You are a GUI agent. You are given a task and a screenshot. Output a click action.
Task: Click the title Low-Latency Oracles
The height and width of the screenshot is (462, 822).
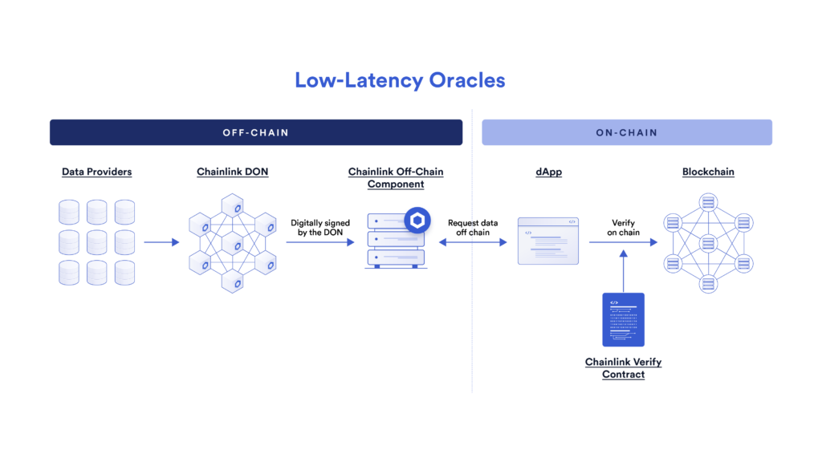coord(400,80)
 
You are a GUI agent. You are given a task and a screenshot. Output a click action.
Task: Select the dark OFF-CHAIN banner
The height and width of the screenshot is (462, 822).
coord(255,132)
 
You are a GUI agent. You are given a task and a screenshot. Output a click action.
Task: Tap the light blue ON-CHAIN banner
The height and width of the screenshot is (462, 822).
coord(626,132)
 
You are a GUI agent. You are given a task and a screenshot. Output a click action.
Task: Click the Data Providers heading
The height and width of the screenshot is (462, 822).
coord(96,172)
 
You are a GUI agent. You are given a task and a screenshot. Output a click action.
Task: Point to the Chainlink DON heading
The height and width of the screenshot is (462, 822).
coord(231,172)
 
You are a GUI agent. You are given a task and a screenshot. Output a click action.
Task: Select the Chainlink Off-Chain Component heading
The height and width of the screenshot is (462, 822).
coord(395,178)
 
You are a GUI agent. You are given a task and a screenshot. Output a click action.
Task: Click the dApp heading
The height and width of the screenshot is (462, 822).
coord(549,172)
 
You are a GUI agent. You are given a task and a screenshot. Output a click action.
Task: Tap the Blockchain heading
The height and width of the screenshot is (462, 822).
coord(708,172)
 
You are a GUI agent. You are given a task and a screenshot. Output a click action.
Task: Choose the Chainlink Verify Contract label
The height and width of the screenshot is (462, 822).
coord(623,368)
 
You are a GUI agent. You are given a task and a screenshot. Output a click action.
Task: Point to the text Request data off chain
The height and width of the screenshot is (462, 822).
coord(473,227)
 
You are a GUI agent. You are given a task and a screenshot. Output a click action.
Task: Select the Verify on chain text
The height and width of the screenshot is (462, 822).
coord(624,227)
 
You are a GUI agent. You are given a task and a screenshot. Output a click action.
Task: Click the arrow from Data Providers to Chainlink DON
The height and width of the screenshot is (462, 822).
coord(161,241)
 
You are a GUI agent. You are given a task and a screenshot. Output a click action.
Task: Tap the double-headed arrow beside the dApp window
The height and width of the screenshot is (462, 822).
coord(473,241)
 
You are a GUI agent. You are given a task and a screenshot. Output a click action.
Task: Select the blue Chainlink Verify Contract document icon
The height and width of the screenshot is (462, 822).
coord(624,319)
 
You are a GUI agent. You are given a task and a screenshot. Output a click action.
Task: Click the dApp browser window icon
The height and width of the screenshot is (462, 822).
coord(548,241)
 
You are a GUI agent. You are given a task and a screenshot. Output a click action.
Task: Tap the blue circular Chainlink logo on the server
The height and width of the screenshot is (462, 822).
coord(417,220)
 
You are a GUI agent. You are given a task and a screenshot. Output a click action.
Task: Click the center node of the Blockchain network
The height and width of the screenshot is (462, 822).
coord(707,241)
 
